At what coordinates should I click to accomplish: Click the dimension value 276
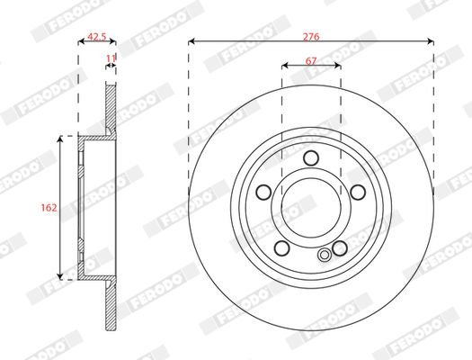[311, 37]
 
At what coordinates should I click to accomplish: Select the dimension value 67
[311, 61]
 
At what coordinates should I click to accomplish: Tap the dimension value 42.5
[96, 37]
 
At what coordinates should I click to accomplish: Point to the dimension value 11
[111, 58]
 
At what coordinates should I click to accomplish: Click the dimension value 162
[49, 208]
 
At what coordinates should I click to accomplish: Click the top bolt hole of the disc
[311, 157]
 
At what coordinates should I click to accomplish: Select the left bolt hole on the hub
[263, 192]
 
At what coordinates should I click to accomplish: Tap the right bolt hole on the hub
[358, 192]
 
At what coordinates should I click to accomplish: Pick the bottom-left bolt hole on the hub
[282, 247]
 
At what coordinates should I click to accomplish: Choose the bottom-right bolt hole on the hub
[340, 247]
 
